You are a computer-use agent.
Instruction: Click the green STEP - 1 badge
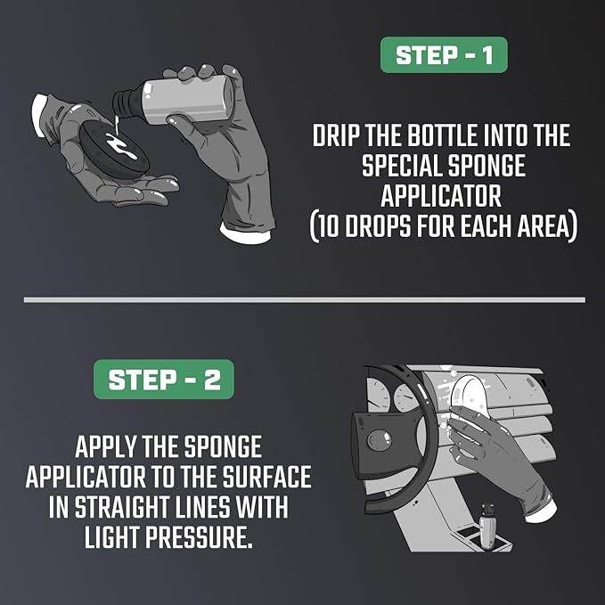[444, 54]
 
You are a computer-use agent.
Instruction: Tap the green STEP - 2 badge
[164, 379]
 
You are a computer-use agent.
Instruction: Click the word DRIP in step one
[336, 135]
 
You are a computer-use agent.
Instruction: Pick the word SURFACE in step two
[267, 476]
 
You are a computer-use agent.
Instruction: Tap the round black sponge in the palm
[114, 150]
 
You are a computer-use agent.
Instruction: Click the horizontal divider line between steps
[305, 299]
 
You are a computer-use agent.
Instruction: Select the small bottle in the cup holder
[487, 526]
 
